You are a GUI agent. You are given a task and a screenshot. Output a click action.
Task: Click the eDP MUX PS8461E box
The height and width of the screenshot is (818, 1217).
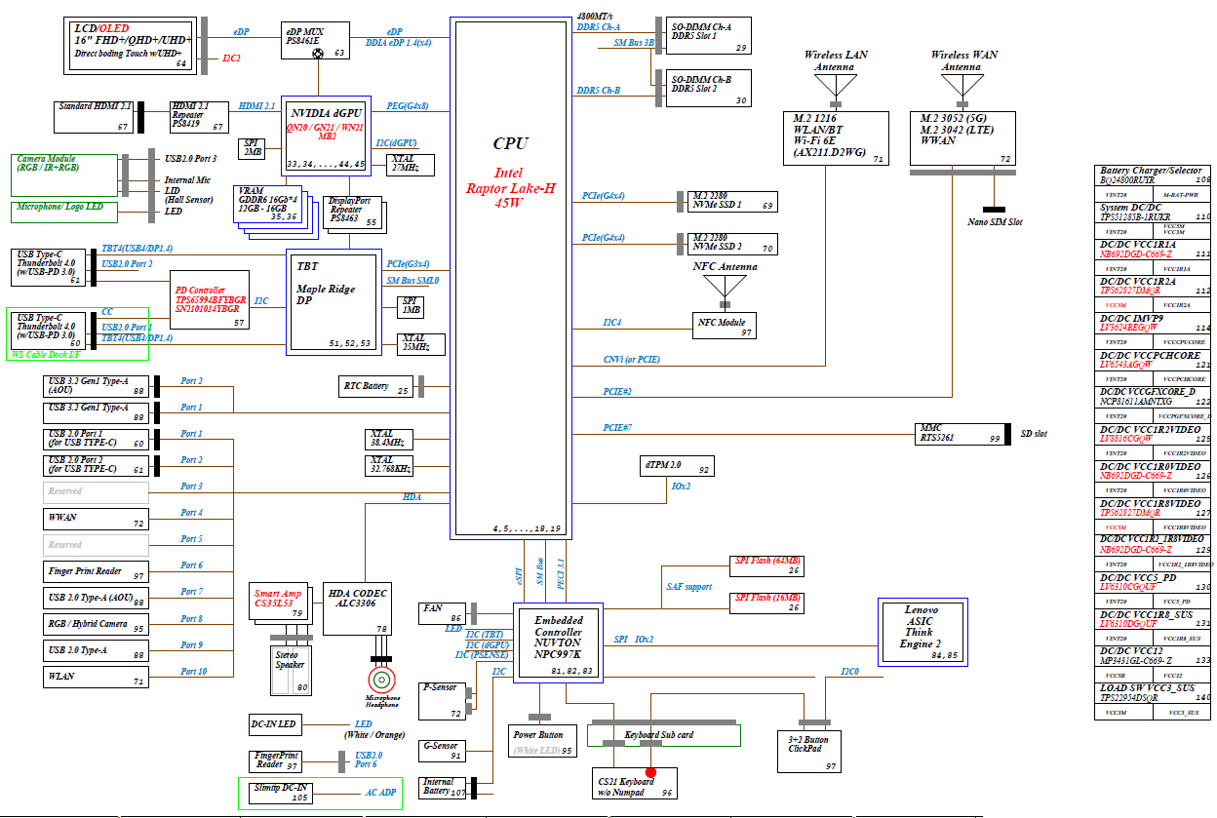pyautogui.click(x=315, y=39)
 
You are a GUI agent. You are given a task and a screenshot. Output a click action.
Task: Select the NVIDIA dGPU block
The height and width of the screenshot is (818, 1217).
pyautogui.click(x=326, y=136)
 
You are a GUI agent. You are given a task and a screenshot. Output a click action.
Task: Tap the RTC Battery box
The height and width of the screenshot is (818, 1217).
pyautogui.click(x=373, y=386)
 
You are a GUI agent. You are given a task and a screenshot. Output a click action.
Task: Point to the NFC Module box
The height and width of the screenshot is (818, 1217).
pyautogui.click(x=726, y=326)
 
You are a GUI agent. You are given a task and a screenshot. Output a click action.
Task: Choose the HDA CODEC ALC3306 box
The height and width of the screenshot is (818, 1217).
pyautogui.click(x=357, y=610)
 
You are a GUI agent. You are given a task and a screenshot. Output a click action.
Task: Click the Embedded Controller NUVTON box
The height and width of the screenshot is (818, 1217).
pyautogui.click(x=559, y=642)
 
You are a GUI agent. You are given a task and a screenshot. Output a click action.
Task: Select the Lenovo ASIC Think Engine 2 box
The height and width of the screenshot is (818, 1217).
pyautogui.click(x=922, y=631)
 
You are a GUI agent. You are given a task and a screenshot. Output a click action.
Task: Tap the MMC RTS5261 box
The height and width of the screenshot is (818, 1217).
pyautogui.click(x=960, y=433)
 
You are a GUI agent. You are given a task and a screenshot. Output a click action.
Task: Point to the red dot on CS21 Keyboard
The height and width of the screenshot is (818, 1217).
pyautogui.click(x=650, y=772)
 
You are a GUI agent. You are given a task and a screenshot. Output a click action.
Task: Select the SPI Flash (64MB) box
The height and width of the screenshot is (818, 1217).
pyautogui.click(x=767, y=566)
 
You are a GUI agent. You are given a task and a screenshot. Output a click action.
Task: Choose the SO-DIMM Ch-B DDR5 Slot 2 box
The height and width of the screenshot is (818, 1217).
pyautogui.click(x=708, y=89)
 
